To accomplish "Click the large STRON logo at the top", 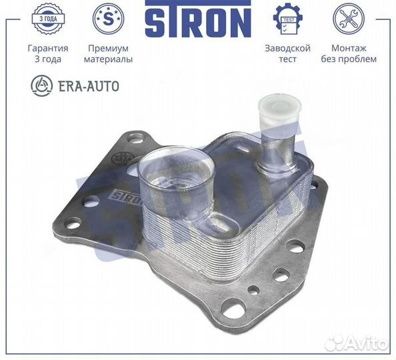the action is pos(198,19).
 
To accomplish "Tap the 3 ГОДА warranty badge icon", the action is pos(48,19).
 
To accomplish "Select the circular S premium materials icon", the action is pos(109,19).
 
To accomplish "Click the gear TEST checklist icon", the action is pos(288,19).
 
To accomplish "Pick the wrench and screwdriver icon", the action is pos(349,19).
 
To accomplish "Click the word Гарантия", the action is pos(48,48).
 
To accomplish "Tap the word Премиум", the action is pos(108,48).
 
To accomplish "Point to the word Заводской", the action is pos(287,48).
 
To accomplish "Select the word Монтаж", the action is pos(349,48).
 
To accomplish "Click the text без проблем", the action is pos(349,59).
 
